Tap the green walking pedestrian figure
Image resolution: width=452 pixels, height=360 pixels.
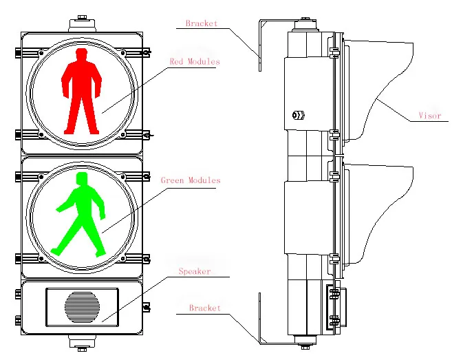point(80,213)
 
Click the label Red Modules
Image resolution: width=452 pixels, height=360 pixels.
point(195,62)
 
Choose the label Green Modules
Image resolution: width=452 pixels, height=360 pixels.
point(191,180)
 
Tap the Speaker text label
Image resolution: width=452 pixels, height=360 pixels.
point(195,272)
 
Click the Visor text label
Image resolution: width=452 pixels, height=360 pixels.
point(429,116)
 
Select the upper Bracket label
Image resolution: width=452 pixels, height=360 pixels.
point(202,23)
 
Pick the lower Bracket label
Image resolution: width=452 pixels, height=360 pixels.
point(205,308)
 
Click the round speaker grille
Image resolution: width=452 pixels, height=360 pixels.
point(82,306)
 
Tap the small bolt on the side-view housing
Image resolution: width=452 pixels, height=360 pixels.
point(298,114)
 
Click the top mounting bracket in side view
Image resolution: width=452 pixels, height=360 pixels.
point(260,45)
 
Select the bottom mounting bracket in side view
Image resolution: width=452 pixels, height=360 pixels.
point(260,317)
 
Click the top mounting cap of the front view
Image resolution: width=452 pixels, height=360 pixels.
point(82,23)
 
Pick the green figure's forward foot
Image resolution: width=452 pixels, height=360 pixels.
point(100,251)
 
